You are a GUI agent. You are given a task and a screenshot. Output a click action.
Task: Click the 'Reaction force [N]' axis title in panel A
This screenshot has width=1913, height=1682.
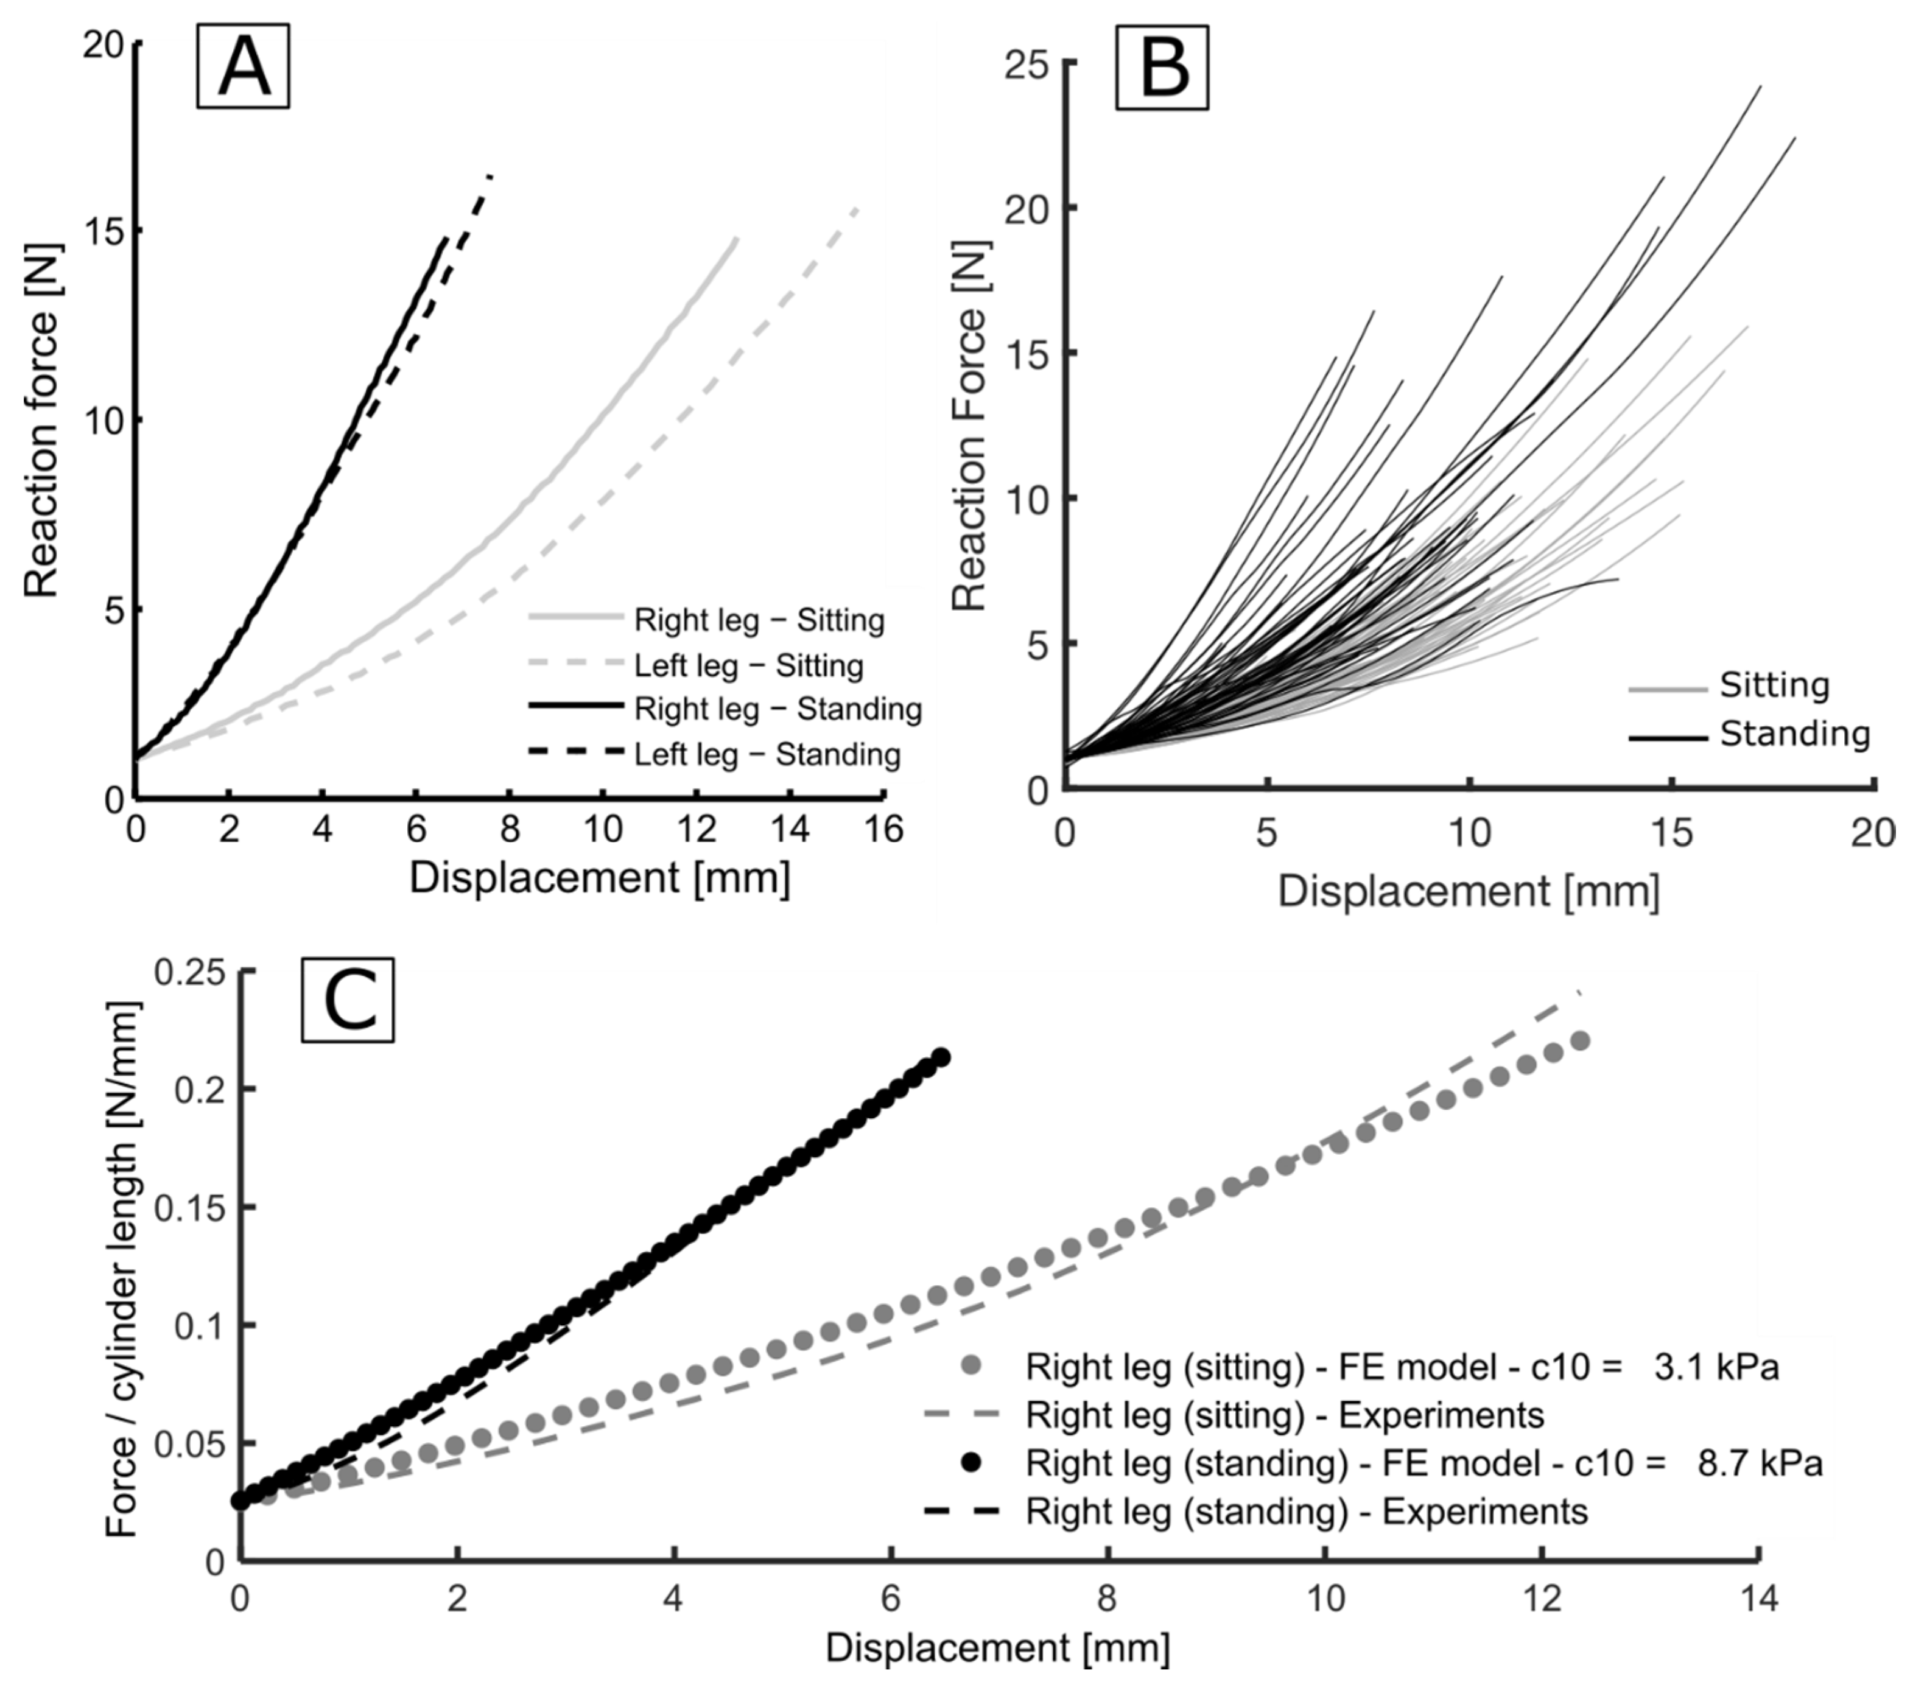(x=42, y=421)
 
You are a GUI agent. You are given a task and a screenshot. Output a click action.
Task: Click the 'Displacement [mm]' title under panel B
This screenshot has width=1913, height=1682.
(x=1469, y=891)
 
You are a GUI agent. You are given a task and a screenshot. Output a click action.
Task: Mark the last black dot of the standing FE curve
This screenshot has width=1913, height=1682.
(x=942, y=1057)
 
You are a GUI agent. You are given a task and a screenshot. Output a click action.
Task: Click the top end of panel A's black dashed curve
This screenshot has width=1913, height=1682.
(x=490, y=176)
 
